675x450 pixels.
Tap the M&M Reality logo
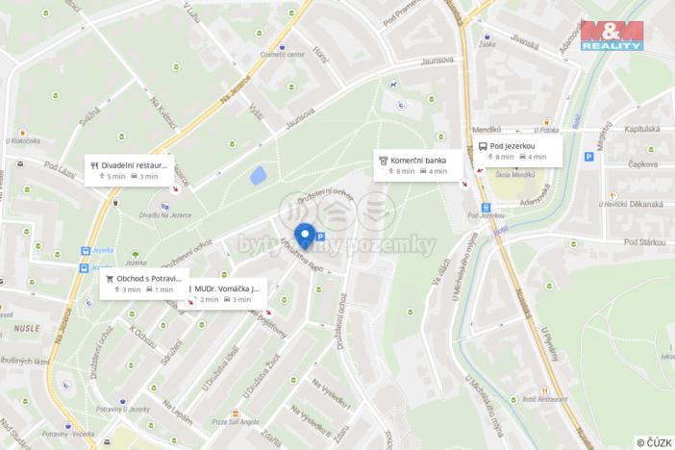click(612, 35)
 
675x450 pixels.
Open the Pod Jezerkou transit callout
click(512, 150)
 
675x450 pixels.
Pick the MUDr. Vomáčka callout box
click(227, 293)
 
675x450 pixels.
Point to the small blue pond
click(258, 177)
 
